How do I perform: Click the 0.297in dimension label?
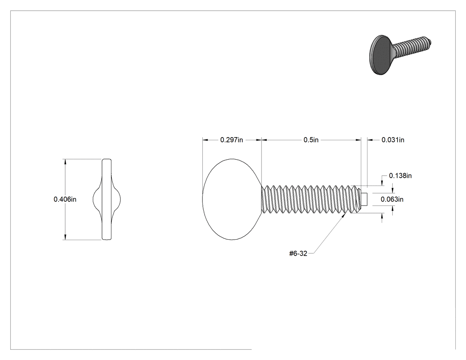pyautogui.click(x=232, y=140)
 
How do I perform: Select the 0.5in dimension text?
pyautogui.click(x=311, y=140)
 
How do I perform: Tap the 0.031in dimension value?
pyautogui.click(x=393, y=140)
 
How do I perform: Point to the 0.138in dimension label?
pyautogui.click(x=400, y=176)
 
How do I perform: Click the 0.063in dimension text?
pyautogui.click(x=392, y=199)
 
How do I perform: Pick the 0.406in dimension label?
pyautogui.click(x=65, y=199)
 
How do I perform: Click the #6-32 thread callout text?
pyautogui.click(x=298, y=253)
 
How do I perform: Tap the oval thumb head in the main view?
pyautogui.click(x=232, y=199)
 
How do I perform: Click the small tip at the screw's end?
pyautogui.click(x=364, y=199)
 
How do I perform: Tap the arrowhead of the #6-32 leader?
pyautogui.click(x=345, y=215)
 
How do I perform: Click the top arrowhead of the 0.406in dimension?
pyautogui.click(x=64, y=162)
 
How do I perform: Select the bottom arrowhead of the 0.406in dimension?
pyautogui.click(x=64, y=237)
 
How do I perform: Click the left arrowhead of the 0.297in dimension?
pyautogui.click(x=205, y=140)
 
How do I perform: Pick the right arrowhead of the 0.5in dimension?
pyautogui.click(x=358, y=140)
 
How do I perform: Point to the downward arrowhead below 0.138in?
pyautogui.click(x=382, y=183)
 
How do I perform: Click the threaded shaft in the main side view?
pyautogui.click(x=311, y=199)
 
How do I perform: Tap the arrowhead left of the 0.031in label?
pyautogui.click(x=370, y=140)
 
